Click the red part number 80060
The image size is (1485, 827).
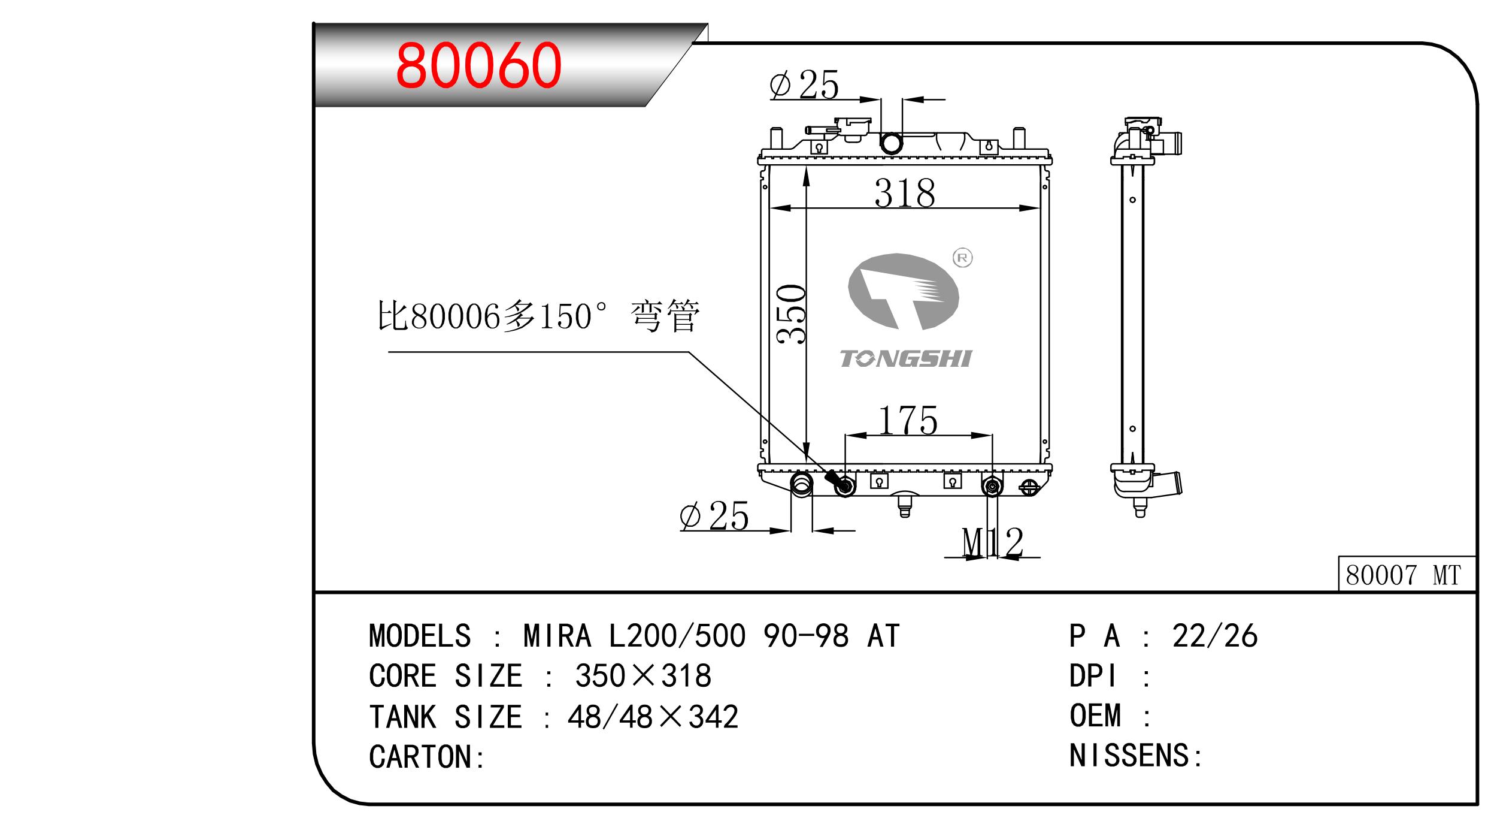(x=478, y=65)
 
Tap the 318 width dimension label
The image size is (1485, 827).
(x=904, y=193)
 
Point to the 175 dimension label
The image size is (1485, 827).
(x=908, y=420)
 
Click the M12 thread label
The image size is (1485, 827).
(x=992, y=542)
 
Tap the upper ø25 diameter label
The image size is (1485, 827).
(x=804, y=85)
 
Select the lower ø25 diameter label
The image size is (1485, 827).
(x=714, y=517)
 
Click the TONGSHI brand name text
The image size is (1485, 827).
(x=905, y=359)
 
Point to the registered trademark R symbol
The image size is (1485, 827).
(x=962, y=258)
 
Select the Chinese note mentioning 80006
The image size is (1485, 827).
(x=538, y=316)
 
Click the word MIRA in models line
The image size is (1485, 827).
(x=557, y=636)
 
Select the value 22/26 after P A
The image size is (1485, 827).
(x=1215, y=636)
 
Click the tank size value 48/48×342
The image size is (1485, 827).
(x=653, y=717)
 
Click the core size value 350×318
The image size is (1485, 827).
(x=643, y=677)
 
